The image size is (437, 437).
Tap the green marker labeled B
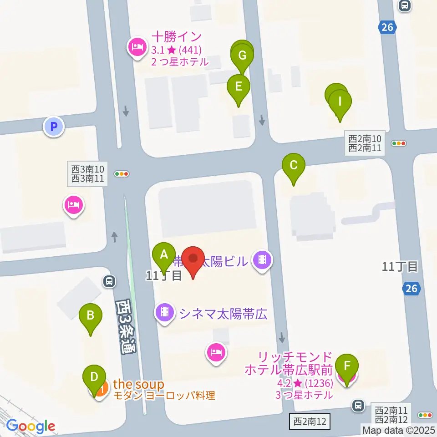(90, 315)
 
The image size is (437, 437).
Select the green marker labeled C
(294, 165)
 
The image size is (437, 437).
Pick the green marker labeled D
(94, 377)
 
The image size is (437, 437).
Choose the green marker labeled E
(239, 86)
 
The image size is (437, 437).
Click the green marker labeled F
(347, 366)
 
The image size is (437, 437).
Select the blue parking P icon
(54, 127)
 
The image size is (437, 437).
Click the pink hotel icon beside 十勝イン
(137, 46)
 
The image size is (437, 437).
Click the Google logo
(30, 426)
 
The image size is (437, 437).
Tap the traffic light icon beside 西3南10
(122, 174)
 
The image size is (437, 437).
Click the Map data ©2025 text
(398, 430)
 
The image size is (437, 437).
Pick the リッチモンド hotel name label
(289, 363)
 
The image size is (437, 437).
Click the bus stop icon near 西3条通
(109, 281)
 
